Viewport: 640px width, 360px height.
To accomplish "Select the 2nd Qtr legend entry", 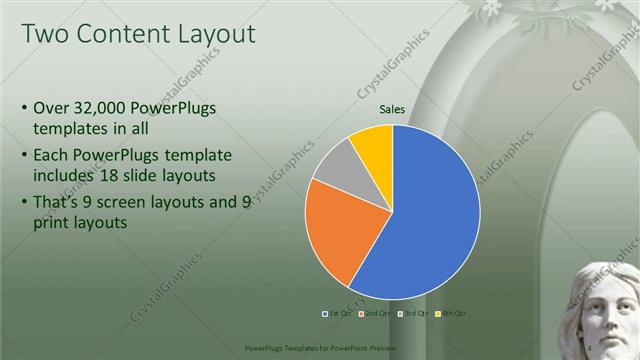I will point(371,313).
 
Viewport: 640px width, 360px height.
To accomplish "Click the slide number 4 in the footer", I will point(590,346).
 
